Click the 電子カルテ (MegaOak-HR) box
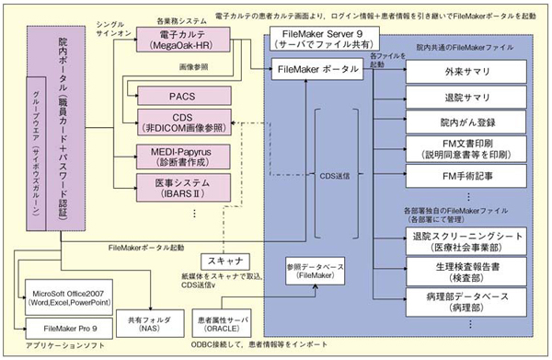[x=176, y=40]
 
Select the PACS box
[x=176, y=94]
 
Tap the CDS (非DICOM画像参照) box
[x=176, y=122]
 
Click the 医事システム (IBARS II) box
[x=176, y=185]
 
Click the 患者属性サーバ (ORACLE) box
[x=225, y=323]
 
